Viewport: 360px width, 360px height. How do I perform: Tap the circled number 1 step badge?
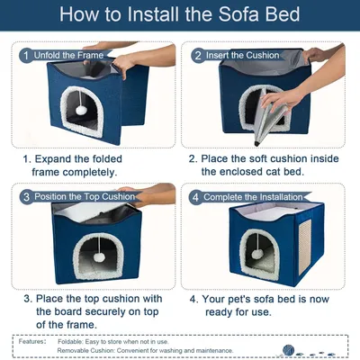[25, 55]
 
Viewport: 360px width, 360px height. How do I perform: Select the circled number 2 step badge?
[197, 55]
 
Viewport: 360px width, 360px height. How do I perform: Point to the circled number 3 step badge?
[26, 196]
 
